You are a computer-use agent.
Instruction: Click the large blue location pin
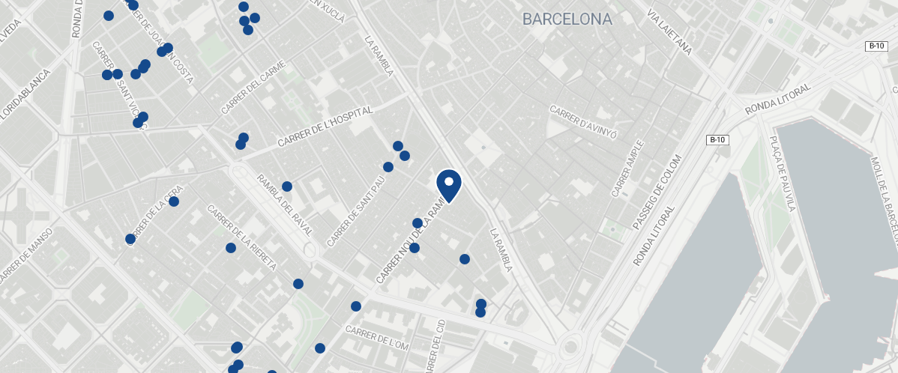[x=448, y=185]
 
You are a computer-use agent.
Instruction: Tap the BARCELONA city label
[x=567, y=19]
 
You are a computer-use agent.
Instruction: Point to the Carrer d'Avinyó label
[x=583, y=122]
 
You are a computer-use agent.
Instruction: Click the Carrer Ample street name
[x=627, y=169]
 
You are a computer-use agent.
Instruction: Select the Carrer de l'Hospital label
[x=325, y=127]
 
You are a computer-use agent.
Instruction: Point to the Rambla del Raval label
[x=285, y=204]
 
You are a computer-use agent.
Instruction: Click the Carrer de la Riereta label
[x=242, y=237]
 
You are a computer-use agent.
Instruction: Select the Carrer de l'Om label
[x=377, y=338]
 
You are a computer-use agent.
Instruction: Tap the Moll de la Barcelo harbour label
[x=885, y=195]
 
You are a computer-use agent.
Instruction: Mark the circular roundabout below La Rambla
[x=571, y=347]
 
